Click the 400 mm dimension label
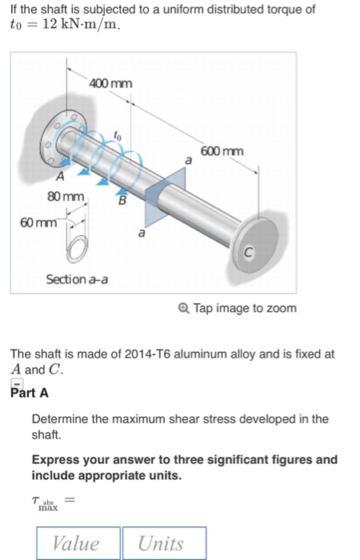click(111, 84)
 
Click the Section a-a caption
click(78, 279)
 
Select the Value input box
click(78, 543)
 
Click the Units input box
click(163, 543)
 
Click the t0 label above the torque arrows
click(116, 137)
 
